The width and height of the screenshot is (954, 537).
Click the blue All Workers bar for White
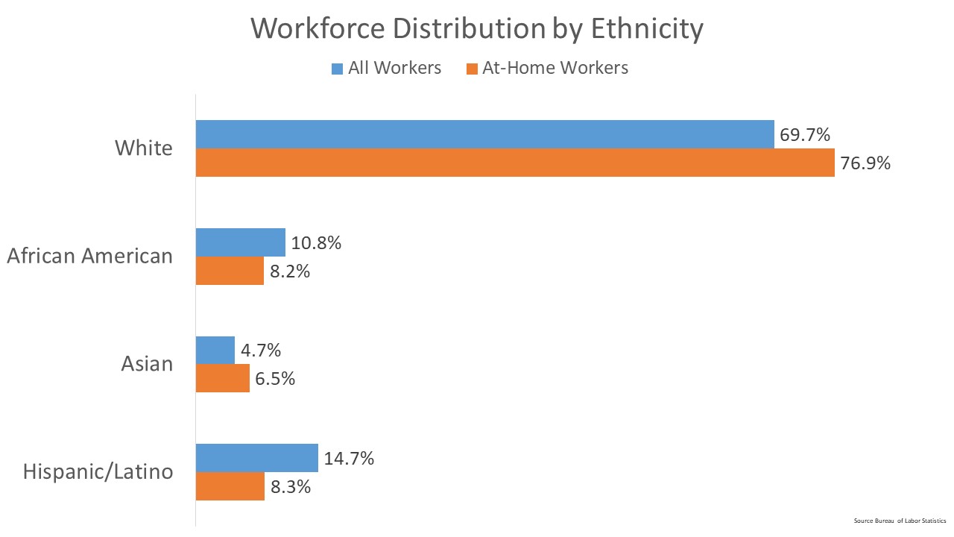pyautogui.click(x=484, y=134)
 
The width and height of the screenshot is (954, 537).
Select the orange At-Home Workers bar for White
pyautogui.click(x=514, y=163)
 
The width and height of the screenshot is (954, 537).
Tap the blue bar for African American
pyautogui.click(x=240, y=242)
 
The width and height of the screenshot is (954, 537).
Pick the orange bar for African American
pyautogui.click(x=230, y=271)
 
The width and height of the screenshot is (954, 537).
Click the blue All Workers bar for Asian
pyautogui.click(x=215, y=350)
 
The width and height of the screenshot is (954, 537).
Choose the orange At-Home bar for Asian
pyautogui.click(x=222, y=378)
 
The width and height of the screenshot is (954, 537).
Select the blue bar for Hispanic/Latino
pyautogui.click(x=256, y=457)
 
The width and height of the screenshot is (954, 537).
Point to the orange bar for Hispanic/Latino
pyautogui.click(x=230, y=486)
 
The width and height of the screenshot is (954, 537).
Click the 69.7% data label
pyautogui.click(x=805, y=135)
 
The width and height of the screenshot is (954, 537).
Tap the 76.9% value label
pyautogui.click(x=865, y=163)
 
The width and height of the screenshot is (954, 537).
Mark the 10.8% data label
pyautogui.click(x=316, y=243)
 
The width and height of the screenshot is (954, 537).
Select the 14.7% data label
pyautogui.click(x=349, y=458)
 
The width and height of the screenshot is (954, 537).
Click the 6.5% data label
pyautogui.click(x=275, y=379)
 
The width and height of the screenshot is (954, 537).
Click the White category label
pyautogui.click(x=143, y=148)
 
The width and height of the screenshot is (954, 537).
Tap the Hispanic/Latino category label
pyautogui.click(x=98, y=471)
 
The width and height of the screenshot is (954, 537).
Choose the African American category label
pyautogui.click(x=89, y=256)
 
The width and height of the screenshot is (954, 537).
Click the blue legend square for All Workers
pyautogui.click(x=337, y=69)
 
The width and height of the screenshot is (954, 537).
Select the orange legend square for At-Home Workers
pyautogui.click(x=471, y=69)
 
